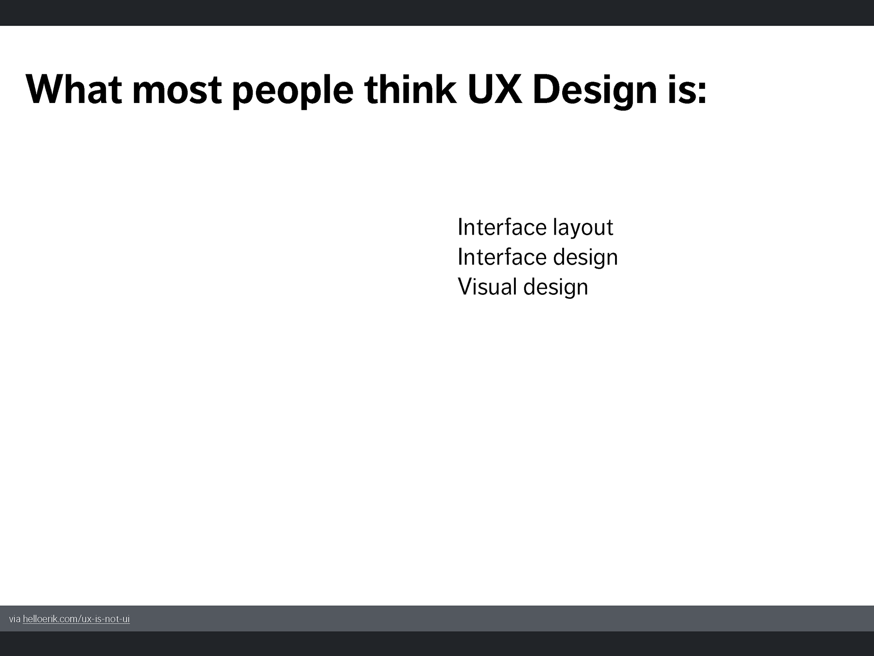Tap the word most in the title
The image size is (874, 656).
click(177, 90)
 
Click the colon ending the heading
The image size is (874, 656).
click(701, 93)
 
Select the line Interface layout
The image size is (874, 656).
click(535, 227)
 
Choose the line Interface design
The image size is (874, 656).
click(538, 257)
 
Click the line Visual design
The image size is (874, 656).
click(523, 287)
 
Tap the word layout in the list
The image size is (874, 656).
click(583, 228)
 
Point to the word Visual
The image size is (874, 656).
click(488, 287)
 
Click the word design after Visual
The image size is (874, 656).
click(556, 287)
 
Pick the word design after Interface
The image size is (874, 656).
click(585, 257)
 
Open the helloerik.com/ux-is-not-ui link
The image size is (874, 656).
click(76, 619)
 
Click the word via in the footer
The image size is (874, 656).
click(15, 619)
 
